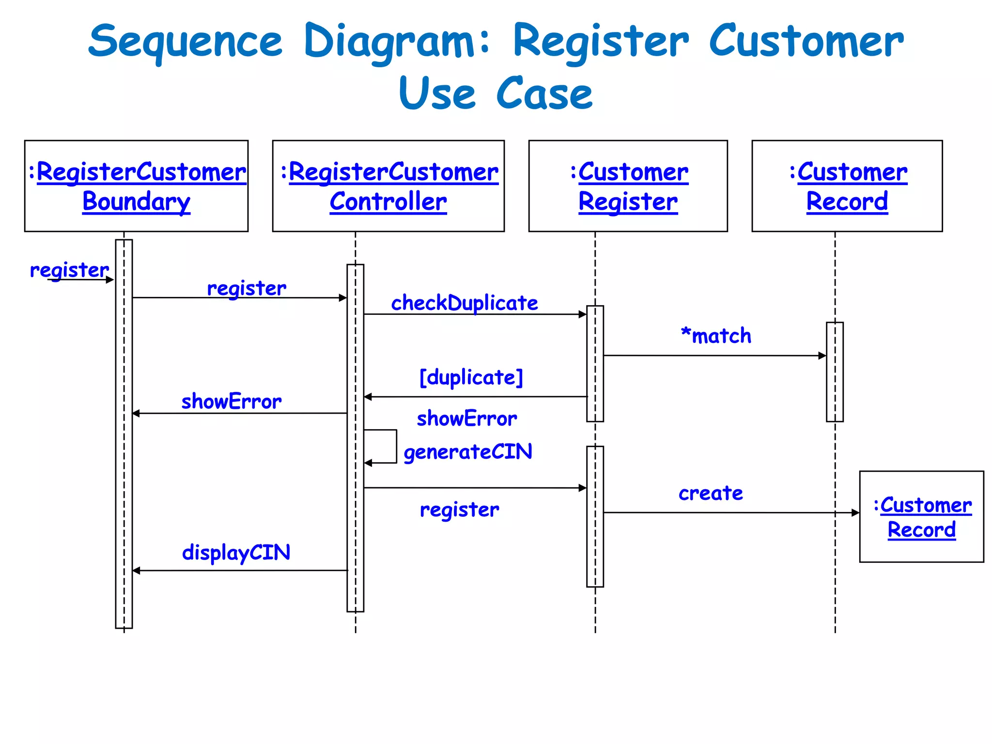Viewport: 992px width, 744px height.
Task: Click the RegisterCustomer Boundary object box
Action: coord(136,186)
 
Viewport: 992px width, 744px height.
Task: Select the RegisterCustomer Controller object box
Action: coord(388,186)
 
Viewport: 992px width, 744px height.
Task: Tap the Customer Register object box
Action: coord(628,186)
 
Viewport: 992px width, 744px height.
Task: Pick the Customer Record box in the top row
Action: coord(847,186)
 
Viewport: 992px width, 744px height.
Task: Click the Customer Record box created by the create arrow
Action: coord(921,516)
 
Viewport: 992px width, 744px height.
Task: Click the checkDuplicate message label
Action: coord(464,303)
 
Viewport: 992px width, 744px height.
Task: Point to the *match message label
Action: coord(716,336)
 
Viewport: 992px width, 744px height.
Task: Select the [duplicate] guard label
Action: coord(471,377)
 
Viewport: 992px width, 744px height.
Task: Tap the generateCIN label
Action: coord(467,452)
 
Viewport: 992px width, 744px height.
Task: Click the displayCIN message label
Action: coord(236,553)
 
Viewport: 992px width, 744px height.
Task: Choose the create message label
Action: coord(711,493)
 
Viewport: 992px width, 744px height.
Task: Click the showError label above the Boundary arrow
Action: coord(231,402)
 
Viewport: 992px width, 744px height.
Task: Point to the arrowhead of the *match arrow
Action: coord(822,356)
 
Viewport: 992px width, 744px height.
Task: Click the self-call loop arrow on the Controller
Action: coord(396,446)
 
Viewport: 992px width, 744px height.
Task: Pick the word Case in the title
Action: coord(544,93)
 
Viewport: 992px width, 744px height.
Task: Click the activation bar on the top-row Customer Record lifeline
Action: coord(835,372)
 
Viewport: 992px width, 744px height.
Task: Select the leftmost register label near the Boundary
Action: coord(69,270)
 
